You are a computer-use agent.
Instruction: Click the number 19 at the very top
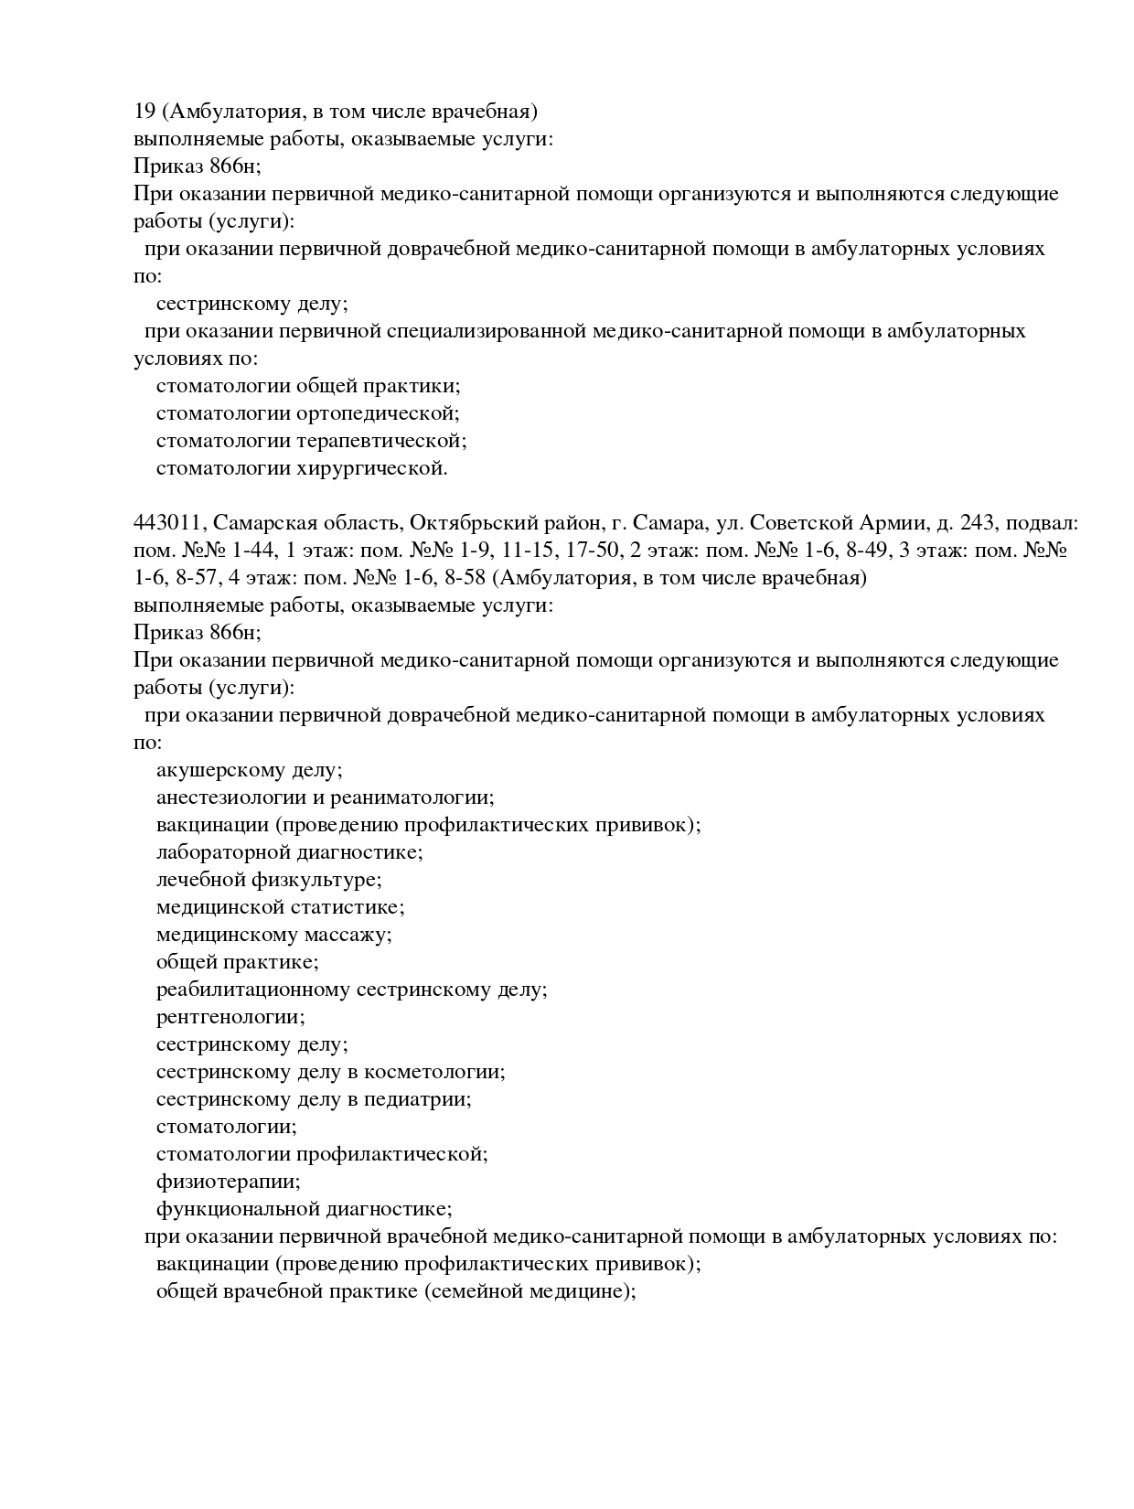coord(144,112)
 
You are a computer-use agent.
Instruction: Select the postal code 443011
coord(167,523)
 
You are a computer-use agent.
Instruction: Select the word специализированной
coord(486,331)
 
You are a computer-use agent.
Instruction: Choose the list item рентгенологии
coord(230,1017)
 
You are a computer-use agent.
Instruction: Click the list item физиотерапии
coord(228,1182)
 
